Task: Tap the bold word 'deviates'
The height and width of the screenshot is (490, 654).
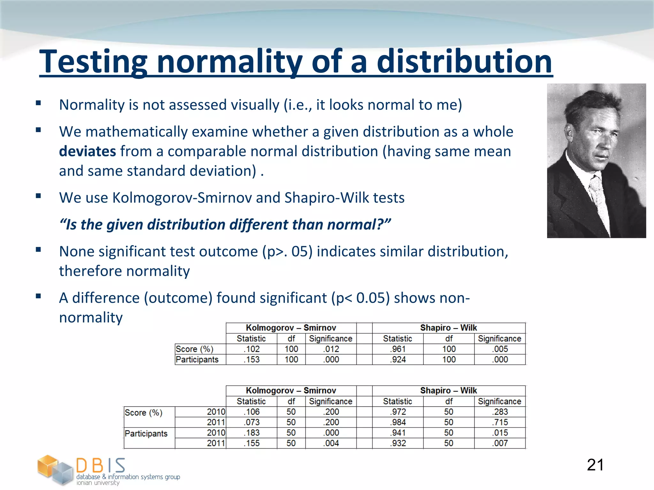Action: point(87,151)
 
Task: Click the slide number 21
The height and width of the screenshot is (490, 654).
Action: point(595,465)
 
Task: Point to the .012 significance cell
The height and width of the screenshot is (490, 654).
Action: point(331,349)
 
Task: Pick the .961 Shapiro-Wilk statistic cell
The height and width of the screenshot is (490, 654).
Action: point(398,349)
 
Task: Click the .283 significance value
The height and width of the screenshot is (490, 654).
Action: point(500,412)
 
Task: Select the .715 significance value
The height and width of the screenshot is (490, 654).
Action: point(500,422)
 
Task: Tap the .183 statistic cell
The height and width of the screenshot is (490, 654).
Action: point(252,433)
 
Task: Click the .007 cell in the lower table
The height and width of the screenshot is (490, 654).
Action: point(500,443)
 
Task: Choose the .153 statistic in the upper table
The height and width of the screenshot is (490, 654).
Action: point(252,360)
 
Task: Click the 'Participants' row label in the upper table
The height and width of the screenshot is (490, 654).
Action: point(197,360)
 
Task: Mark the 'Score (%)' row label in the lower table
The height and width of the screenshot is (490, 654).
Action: point(143,413)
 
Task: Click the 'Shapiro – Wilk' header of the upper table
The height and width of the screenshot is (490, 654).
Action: point(448,328)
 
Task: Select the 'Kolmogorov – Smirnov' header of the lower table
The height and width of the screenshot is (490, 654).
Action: point(291,391)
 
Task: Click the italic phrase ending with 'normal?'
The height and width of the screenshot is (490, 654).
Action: point(225,225)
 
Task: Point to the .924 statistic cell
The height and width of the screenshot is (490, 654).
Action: point(398,360)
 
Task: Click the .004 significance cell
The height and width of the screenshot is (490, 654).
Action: point(331,443)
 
